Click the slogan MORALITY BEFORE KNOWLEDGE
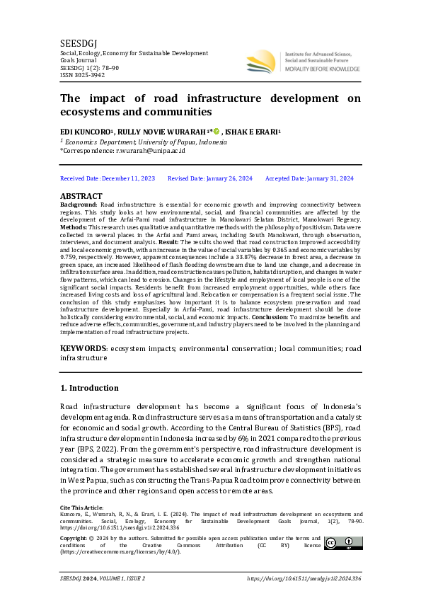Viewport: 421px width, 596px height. (x=322, y=69)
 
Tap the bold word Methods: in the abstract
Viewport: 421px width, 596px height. (x=75, y=227)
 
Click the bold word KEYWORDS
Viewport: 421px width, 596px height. (x=83, y=348)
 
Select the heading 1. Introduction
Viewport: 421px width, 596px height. (x=89, y=388)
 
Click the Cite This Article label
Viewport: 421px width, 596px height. (x=81, y=507)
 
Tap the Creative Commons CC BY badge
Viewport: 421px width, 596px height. (x=343, y=543)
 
